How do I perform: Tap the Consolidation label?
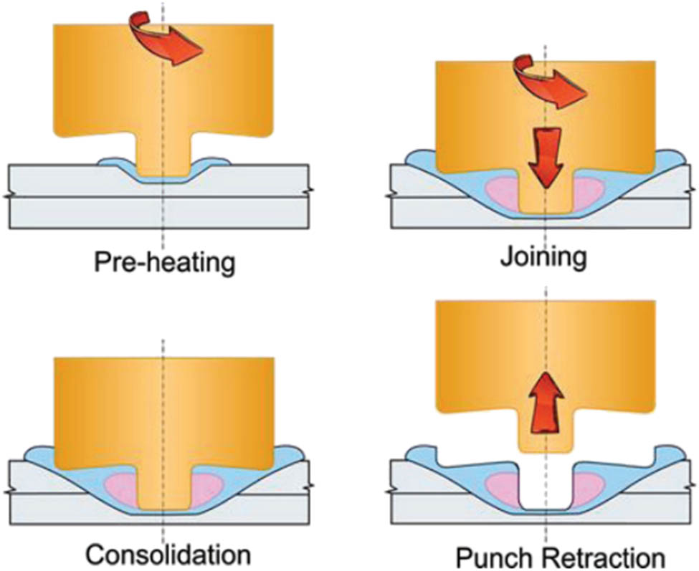[168, 554]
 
